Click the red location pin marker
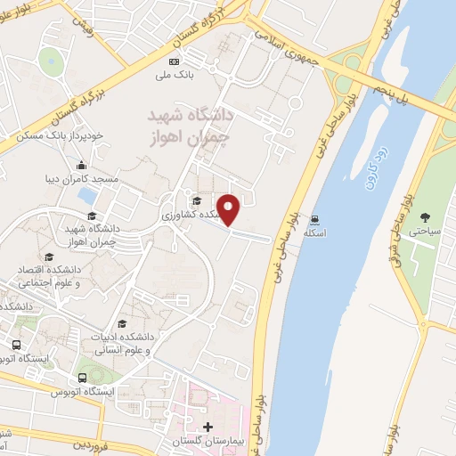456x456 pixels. [x=230, y=208]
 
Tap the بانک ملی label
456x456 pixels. [x=175, y=75]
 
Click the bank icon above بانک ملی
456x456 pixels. [x=175, y=61]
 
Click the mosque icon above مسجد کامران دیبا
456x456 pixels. [x=82, y=165]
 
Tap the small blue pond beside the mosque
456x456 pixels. [x=87, y=194]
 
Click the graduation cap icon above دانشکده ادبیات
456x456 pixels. [x=121, y=323]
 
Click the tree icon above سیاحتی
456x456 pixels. [x=424, y=216]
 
